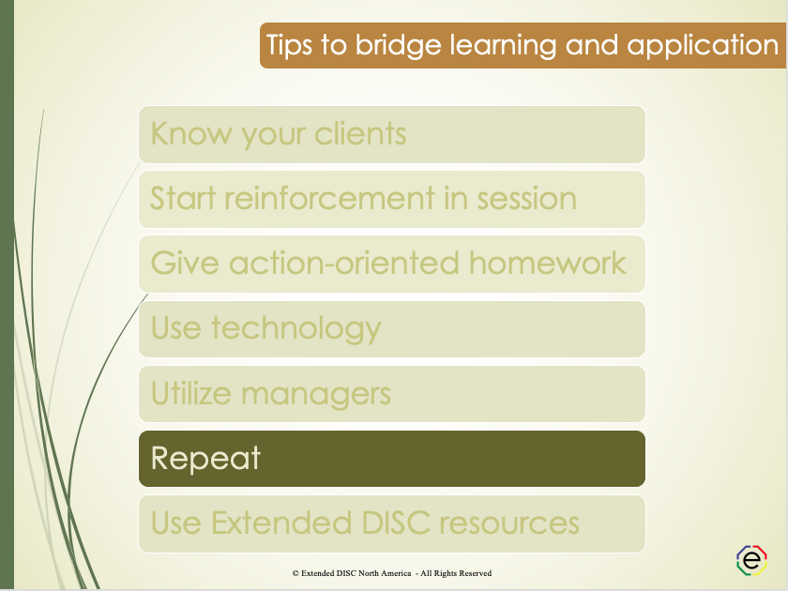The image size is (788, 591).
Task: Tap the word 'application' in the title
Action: click(703, 45)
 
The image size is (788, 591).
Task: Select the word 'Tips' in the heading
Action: click(291, 45)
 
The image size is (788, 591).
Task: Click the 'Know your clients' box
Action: click(392, 134)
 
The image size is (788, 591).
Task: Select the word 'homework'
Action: click(548, 263)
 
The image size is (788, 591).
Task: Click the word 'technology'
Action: click(296, 328)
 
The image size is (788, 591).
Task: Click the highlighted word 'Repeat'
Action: click(205, 459)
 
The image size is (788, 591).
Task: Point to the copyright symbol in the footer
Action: click(295, 573)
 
